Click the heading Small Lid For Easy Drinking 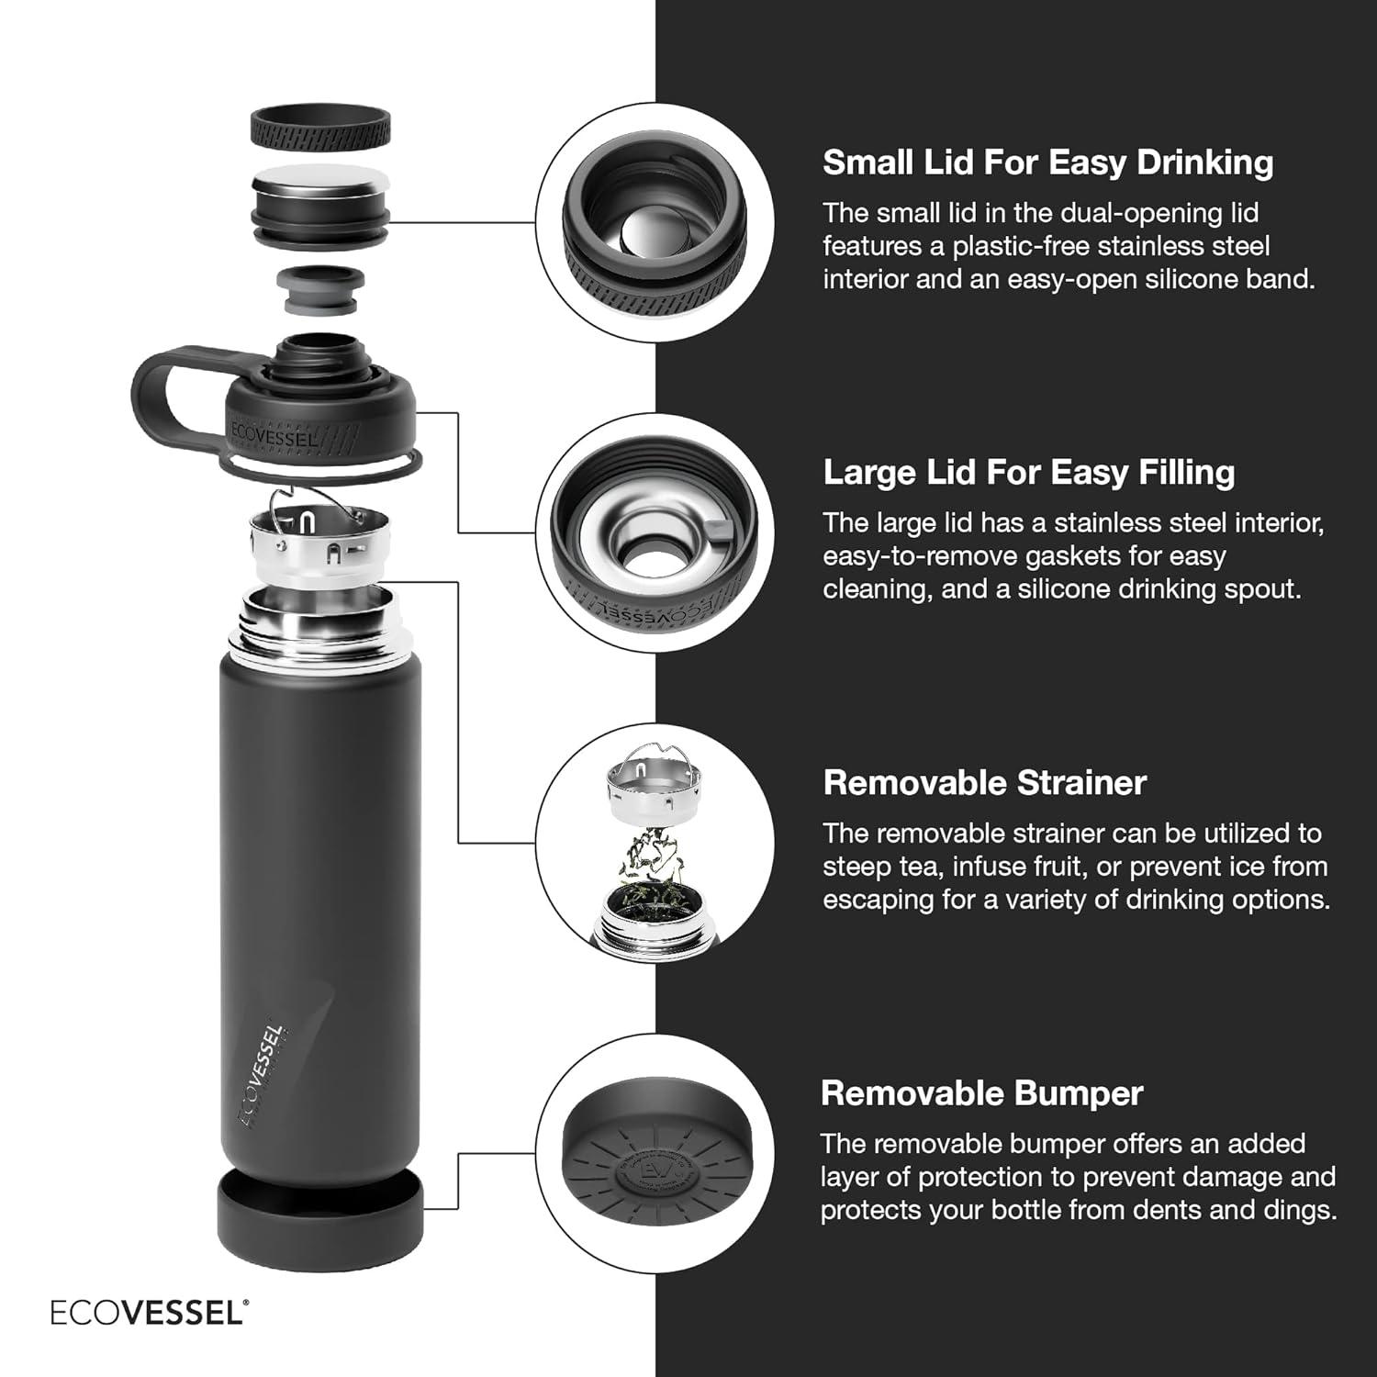[x=1047, y=162]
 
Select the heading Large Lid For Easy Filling [x=1028, y=472]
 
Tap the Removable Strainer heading [x=984, y=783]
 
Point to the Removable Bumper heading [x=981, y=1093]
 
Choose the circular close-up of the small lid [x=655, y=223]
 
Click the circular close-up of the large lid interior [x=655, y=532]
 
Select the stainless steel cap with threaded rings [x=319, y=207]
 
